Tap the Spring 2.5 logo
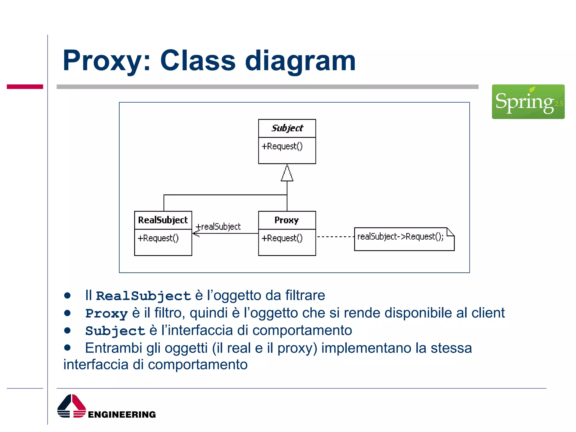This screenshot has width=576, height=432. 528,102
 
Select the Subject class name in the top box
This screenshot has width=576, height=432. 287,128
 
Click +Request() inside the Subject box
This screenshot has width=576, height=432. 282,146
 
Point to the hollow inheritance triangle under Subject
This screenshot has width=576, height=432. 287,174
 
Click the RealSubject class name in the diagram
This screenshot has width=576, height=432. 163,220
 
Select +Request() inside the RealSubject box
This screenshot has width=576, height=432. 158,238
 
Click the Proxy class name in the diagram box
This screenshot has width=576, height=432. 287,220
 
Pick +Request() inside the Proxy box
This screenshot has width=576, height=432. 282,238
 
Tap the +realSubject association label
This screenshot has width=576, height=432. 218,226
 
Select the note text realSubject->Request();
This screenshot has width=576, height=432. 400,237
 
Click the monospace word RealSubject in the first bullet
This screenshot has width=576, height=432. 143,296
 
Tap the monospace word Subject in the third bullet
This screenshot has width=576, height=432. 115,331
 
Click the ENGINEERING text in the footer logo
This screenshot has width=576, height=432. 122,414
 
